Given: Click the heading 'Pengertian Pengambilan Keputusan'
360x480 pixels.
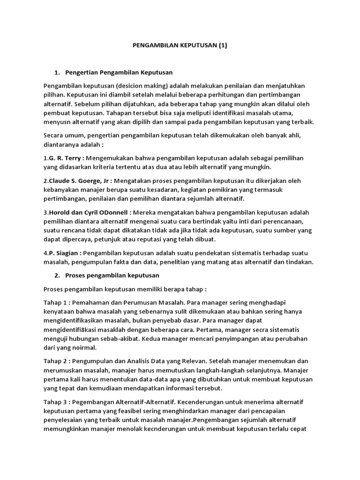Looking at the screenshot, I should click(119, 73).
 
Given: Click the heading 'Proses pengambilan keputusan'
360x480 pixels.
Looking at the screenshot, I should click(112, 275).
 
